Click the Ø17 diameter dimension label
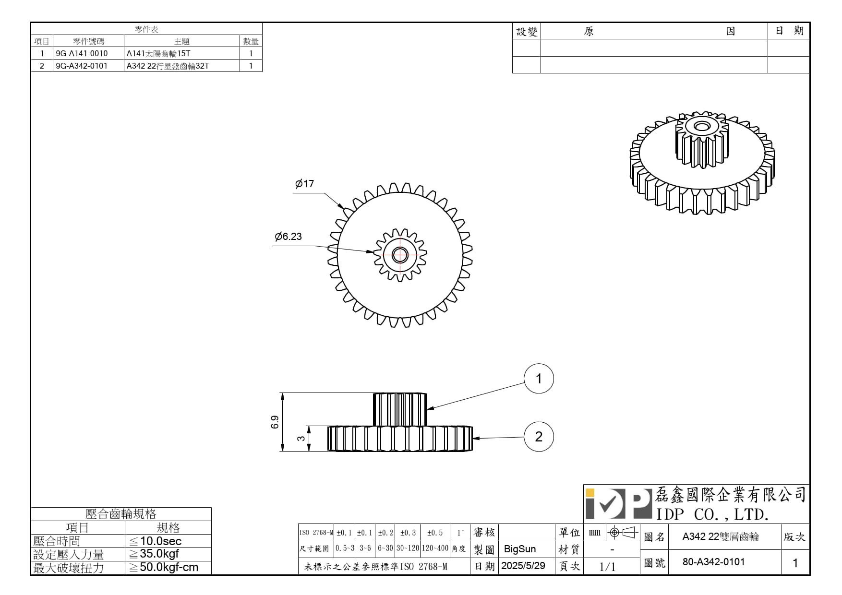[304, 184]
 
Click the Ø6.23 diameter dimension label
[288, 237]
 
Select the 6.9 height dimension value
[275, 422]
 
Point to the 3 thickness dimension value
[301, 438]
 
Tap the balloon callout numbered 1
[539, 379]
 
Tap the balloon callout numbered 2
[539, 437]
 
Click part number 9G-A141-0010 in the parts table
[82, 53]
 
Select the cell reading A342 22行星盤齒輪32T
[168, 66]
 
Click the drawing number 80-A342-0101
[713, 562]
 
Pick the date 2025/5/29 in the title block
[523, 566]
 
